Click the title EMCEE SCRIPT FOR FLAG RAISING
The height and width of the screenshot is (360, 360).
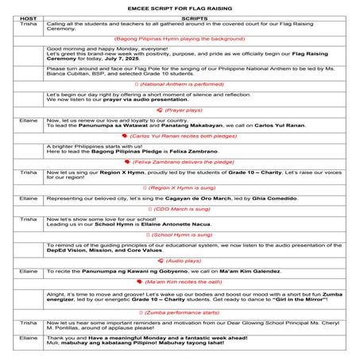[x=180, y=7]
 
